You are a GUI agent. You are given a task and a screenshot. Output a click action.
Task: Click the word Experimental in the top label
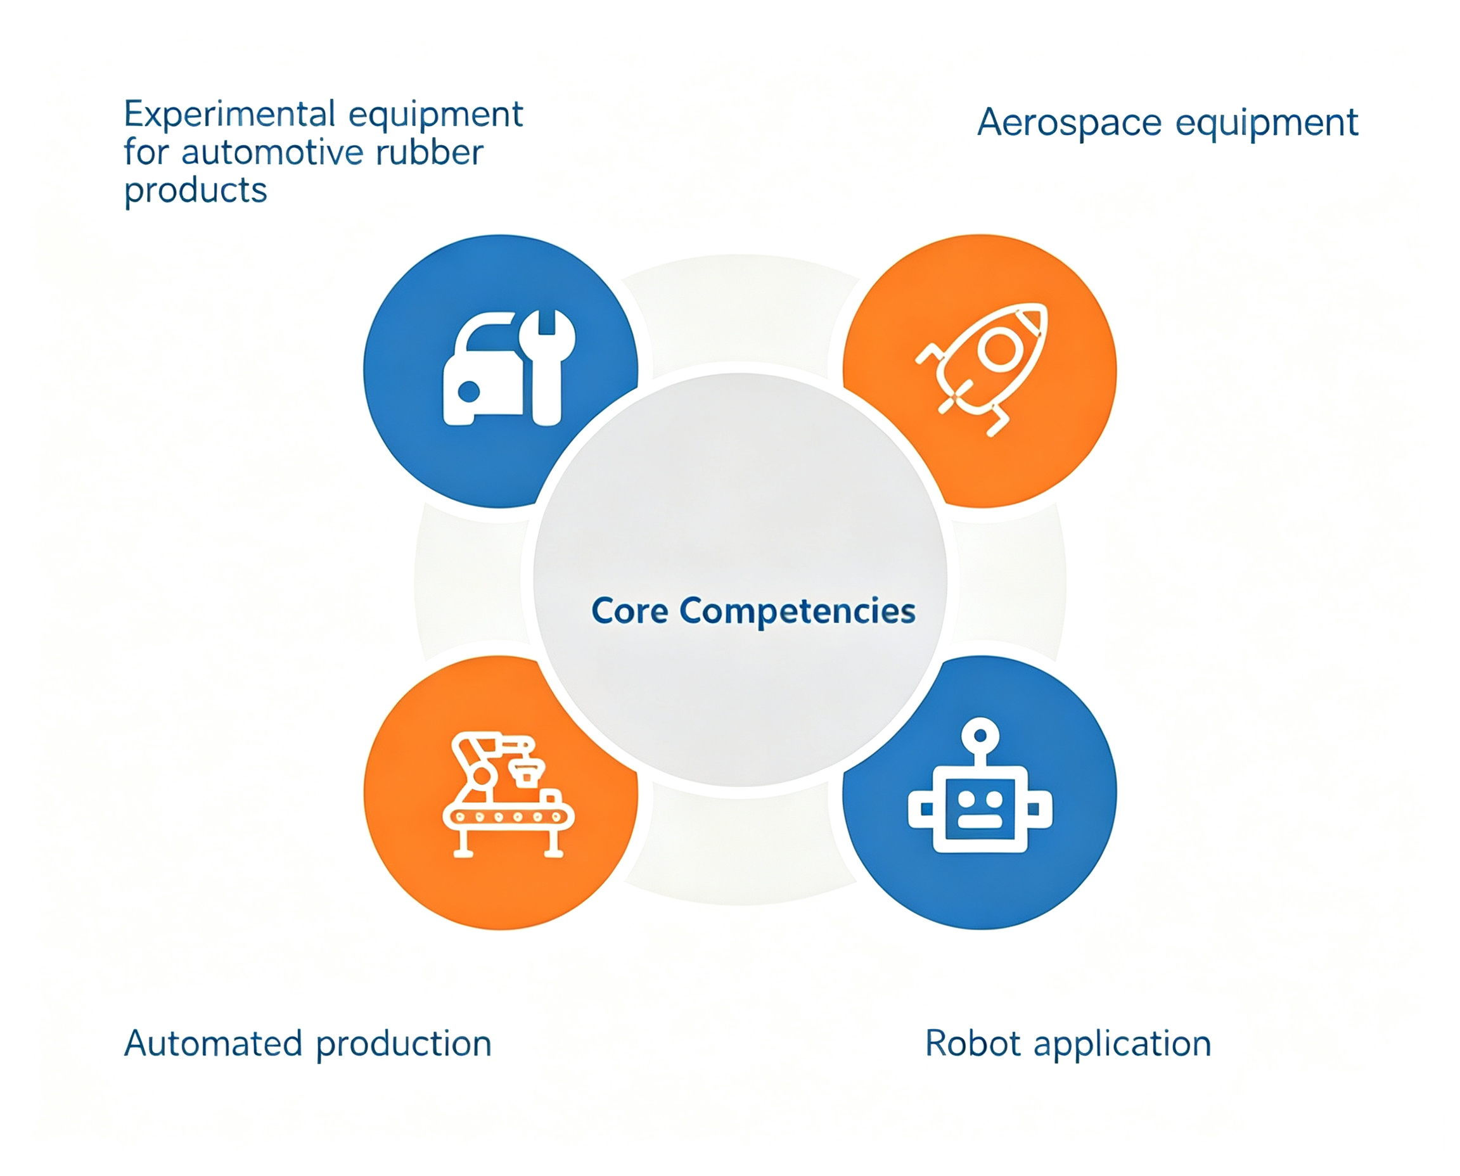229,115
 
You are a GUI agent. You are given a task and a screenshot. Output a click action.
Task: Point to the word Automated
213,1043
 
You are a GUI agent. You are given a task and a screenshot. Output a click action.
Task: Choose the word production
404,1045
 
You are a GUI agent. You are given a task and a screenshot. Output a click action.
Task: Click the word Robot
973,1043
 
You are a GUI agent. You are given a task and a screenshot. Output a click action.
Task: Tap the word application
1122,1045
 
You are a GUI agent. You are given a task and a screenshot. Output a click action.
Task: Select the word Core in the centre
629,611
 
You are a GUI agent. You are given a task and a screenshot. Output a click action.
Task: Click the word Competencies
797,612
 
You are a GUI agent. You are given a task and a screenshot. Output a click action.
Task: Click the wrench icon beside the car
547,368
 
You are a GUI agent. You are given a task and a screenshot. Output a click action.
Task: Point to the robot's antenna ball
980,734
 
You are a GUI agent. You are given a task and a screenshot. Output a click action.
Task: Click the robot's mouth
980,822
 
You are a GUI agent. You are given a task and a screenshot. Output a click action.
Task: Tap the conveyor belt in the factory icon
508,817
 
